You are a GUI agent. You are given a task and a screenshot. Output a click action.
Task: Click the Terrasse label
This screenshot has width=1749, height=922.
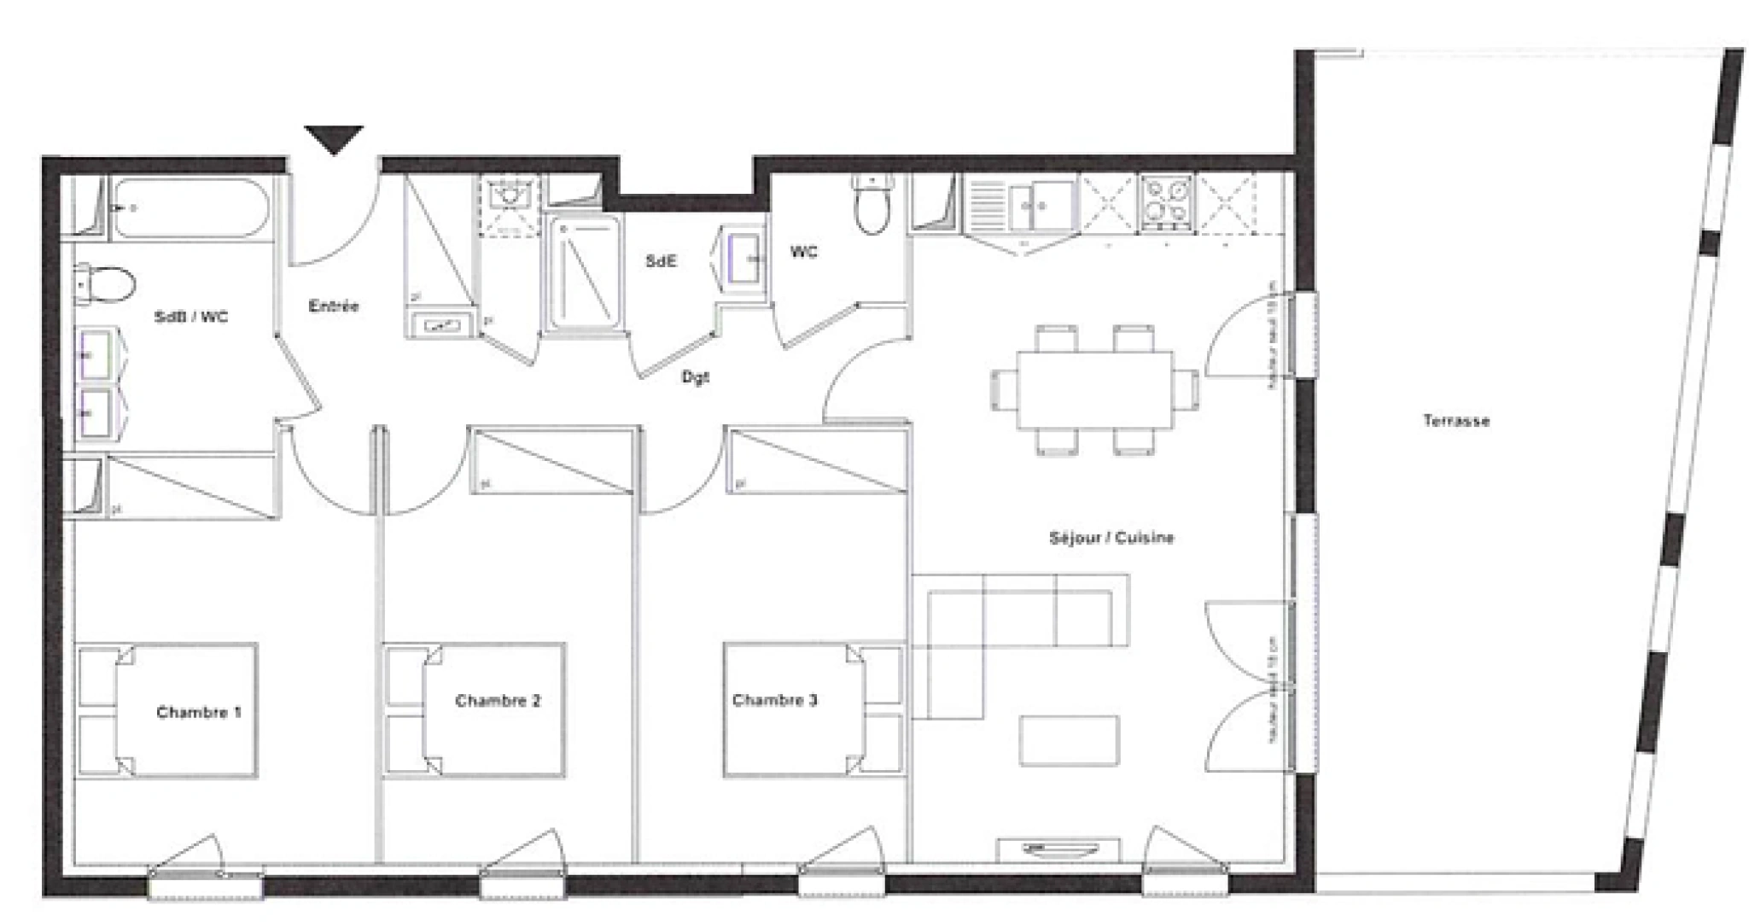[x=1456, y=421]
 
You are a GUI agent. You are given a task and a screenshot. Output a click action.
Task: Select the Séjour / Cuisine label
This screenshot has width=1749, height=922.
[x=1111, y=538]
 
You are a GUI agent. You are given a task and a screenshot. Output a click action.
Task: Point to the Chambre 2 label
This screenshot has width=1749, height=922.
[x=498, y=701]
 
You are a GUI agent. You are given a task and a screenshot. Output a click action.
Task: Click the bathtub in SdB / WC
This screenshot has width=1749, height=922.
[x=192, y=208]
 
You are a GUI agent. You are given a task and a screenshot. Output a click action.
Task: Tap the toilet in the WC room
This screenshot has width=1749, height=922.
[x=872, y=207]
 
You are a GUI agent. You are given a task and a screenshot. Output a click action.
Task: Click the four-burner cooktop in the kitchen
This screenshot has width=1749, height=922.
[x=1167, y=203]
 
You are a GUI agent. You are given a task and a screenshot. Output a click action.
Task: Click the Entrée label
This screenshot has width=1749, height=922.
[x=334, y=306]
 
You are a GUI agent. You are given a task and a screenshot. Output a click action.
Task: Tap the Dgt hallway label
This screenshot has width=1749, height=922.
[x=696, y=376]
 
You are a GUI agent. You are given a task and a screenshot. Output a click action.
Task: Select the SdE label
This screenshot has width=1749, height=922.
[x=661, y=262]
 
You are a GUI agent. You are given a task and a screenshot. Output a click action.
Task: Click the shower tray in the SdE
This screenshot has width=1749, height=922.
[x=586, y=271]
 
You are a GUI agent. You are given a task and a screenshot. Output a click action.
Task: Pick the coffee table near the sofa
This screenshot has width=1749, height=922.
[x=1069, y=740]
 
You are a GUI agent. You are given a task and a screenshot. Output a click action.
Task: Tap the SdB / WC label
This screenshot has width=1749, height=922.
[x=191, y=317]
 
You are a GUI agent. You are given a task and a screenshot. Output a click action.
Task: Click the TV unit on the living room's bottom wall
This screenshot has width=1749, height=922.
[x=1058, y=849]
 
